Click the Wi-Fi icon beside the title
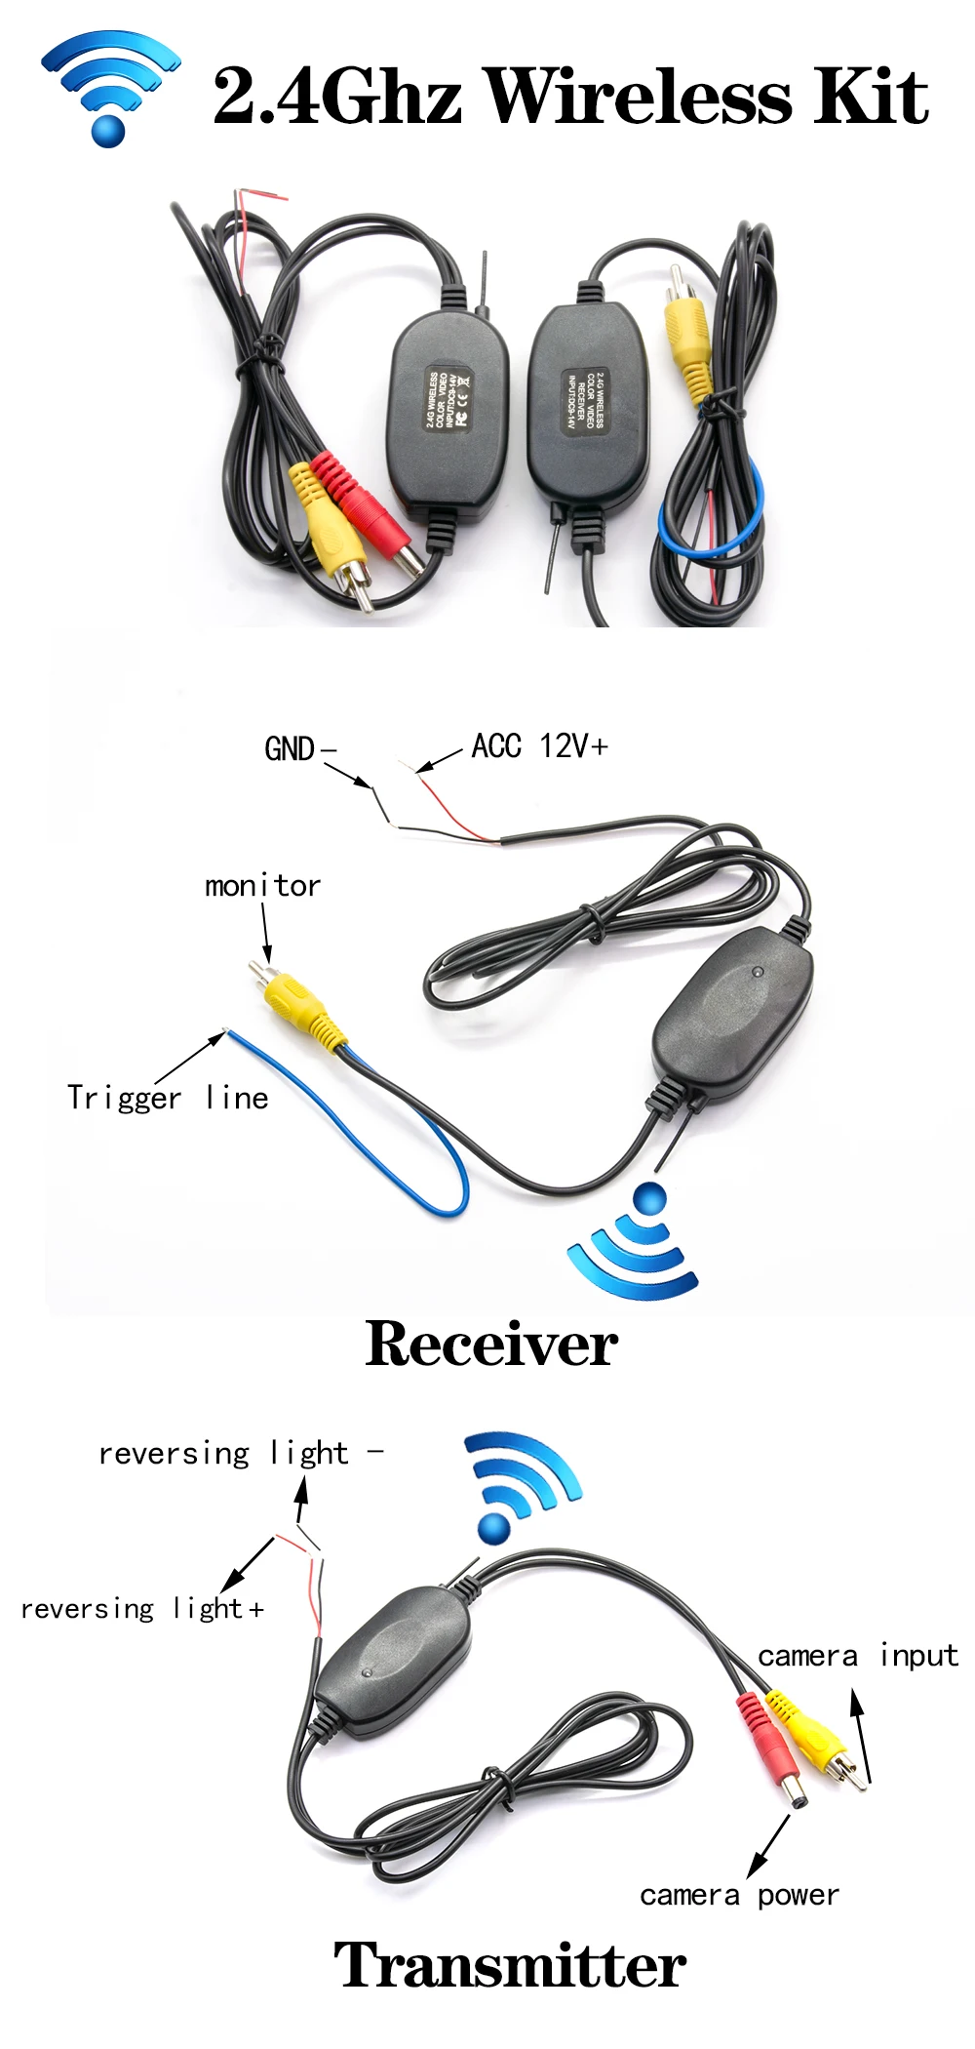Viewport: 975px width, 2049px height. pos(110,87)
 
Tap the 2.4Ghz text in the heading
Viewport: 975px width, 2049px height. pos(336,98)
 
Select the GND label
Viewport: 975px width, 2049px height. pos(291,749)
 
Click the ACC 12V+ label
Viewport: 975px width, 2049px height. pos(539,746)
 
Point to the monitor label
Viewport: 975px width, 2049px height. pos(262,886)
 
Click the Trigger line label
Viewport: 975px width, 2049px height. pos(168,1098)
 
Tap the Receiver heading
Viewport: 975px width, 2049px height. pos(491,1345)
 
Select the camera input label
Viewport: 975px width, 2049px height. pos(857,1656)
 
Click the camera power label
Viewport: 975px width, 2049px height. pos(739,1895)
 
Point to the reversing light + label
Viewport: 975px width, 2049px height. pos(142,1608)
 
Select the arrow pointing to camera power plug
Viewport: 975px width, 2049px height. pos(768,1845)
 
